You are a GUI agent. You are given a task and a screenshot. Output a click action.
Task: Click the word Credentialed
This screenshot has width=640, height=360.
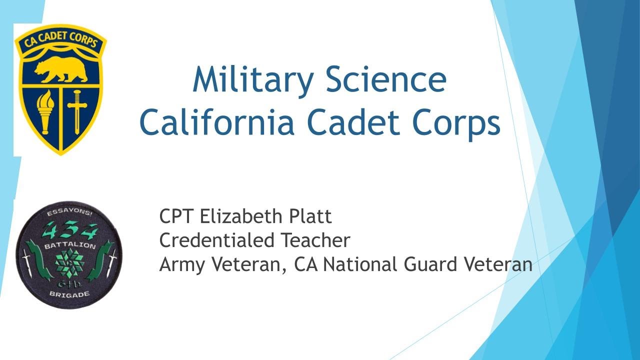(x=216, y=240)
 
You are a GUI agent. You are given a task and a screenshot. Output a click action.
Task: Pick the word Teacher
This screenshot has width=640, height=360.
(x=315, y=240)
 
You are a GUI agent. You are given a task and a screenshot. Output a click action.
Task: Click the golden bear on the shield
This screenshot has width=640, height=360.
(x=61, y=69)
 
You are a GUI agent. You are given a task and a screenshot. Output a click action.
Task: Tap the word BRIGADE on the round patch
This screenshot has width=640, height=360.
(x=69, y=294)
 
